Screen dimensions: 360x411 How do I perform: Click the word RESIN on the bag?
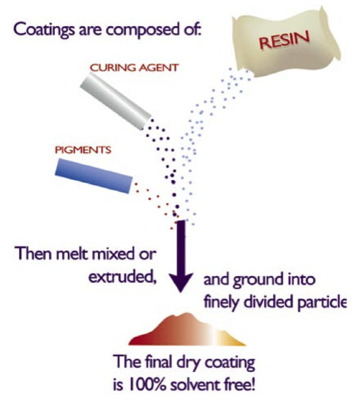284,40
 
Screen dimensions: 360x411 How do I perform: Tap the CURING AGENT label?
134,68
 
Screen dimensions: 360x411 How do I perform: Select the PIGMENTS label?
83,150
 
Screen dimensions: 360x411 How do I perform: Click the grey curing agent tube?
115,101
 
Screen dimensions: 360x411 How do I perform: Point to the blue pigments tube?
94,175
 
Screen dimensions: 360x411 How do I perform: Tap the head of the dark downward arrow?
180,282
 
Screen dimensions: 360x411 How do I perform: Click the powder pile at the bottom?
187,329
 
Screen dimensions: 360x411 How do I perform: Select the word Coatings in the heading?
44,29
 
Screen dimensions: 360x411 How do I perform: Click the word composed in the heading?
143,29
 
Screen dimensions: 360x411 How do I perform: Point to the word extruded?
122,277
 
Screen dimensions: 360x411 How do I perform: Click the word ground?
258,280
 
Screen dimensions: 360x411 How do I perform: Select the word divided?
268,302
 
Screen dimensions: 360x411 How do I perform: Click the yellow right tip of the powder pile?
244,344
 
